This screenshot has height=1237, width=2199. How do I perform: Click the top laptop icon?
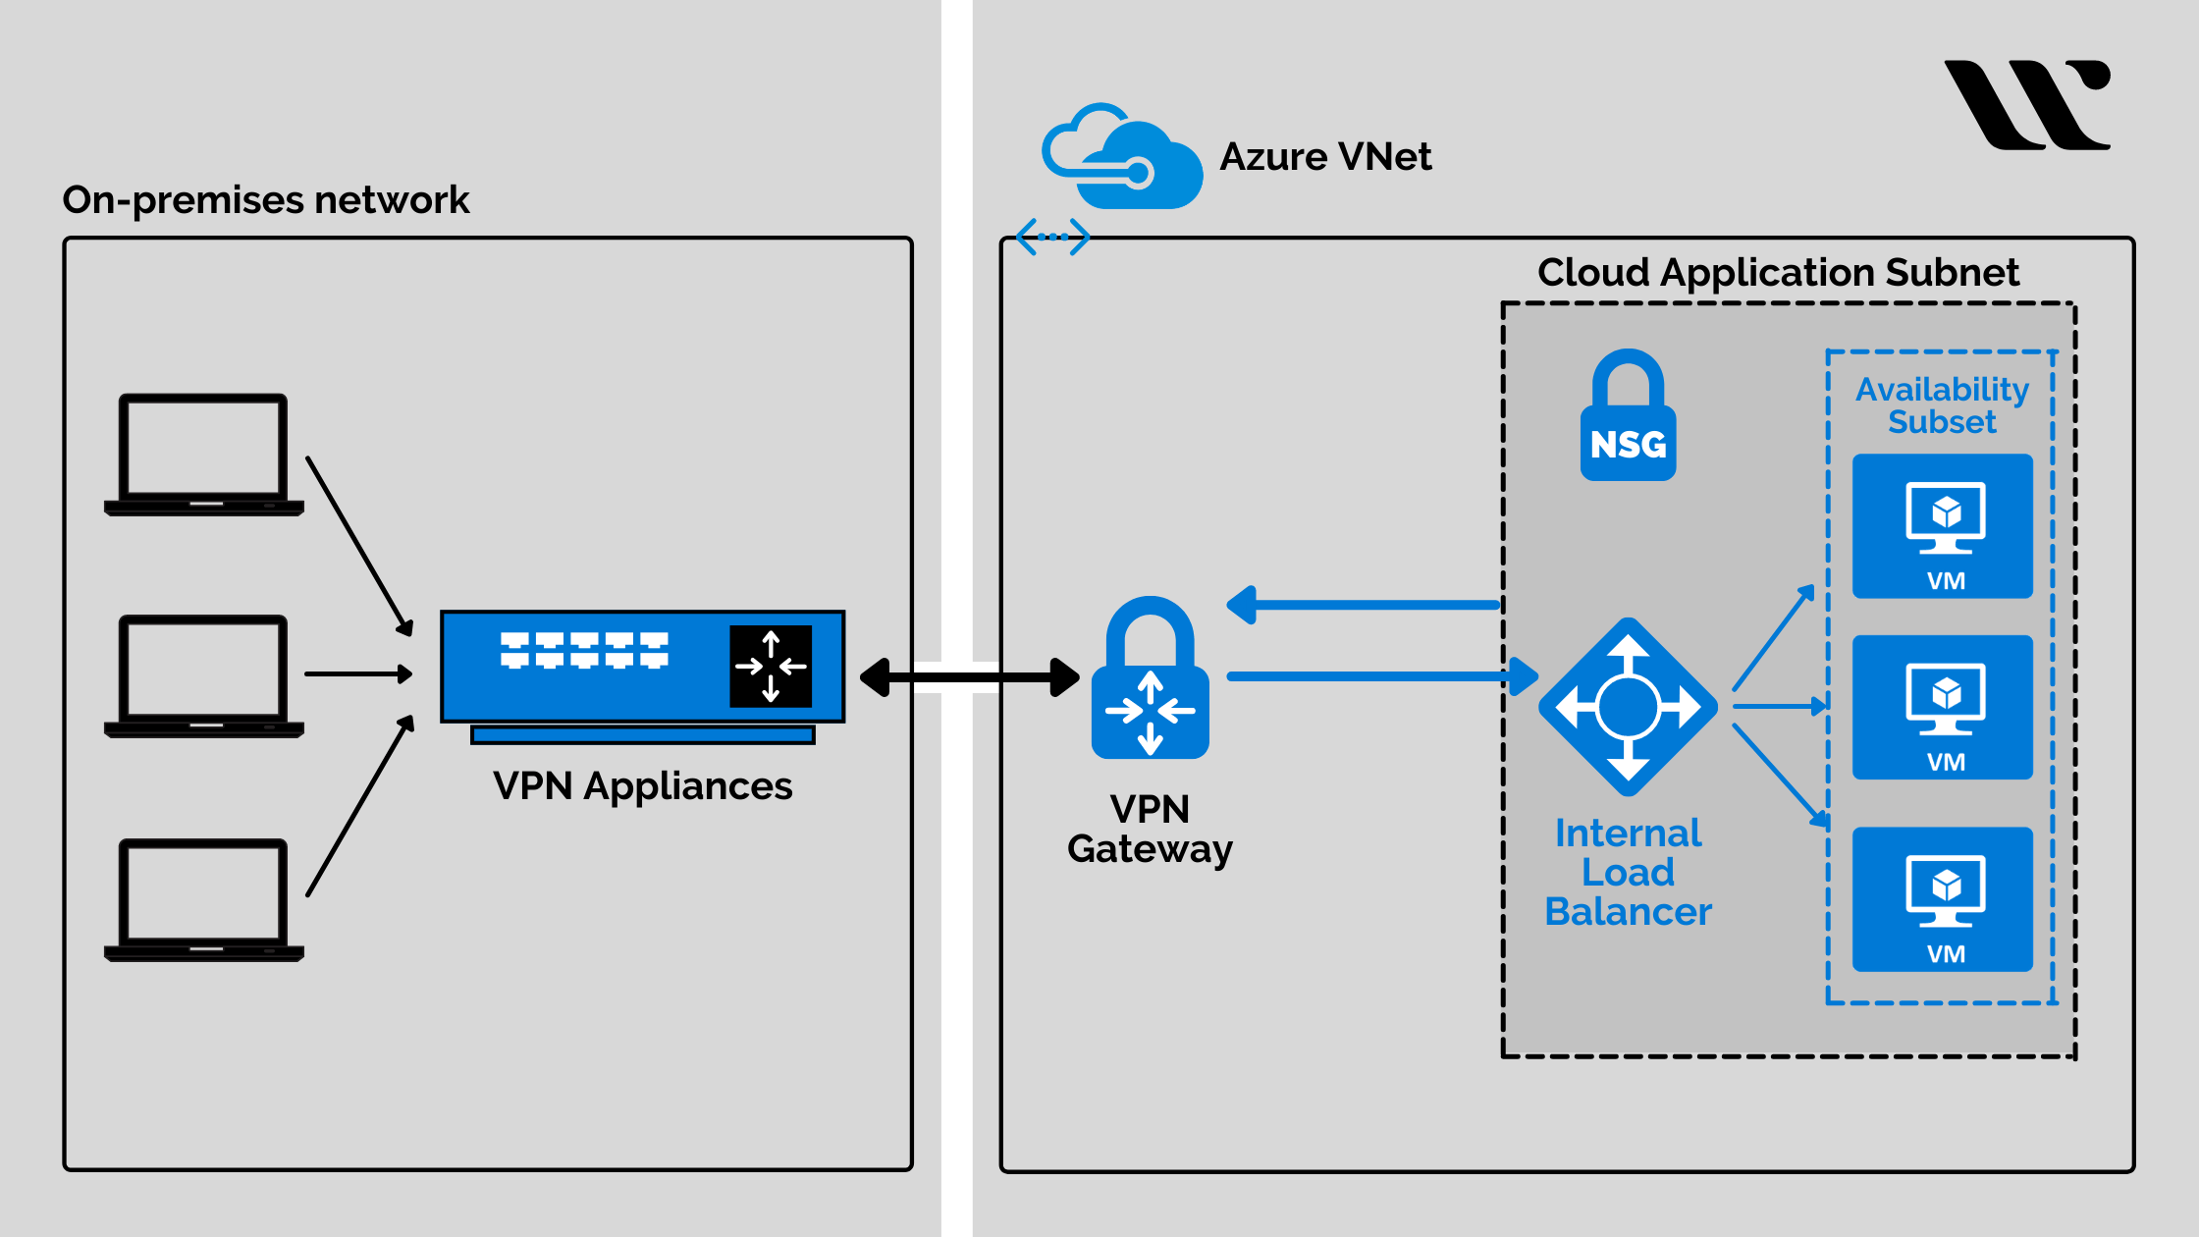[x=203, y=454]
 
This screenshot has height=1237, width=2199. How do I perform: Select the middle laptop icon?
[x=203, y=675]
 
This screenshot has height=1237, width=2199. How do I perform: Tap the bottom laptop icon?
[x=203, y=898]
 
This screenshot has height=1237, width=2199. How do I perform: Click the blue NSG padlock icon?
[x=1628, y=417]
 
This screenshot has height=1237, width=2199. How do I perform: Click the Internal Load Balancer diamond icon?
[x=1628, y=706]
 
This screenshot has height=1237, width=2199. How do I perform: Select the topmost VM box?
[x=1942, y=526]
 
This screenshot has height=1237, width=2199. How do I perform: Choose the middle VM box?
[x=1942, y=707]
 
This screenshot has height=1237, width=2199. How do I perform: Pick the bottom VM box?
[x=1942, y=899]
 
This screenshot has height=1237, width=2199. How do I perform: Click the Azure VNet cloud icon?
[x=1122, y=157]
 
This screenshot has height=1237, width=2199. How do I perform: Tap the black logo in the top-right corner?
[x=2028, y=104]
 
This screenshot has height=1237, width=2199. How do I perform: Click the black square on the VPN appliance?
[x=771, y=666]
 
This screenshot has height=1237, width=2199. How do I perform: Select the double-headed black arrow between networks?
[x=969, y=677]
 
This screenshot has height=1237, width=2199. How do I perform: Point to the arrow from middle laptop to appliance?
[x=357, y=673]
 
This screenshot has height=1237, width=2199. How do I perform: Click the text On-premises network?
[x=265, y=200]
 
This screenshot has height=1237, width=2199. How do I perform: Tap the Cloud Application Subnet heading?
[x=1778, y=272]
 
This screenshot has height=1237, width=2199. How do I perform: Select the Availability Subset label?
[x=1942, y=404]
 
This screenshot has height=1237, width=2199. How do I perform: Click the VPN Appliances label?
[x=642, y=786]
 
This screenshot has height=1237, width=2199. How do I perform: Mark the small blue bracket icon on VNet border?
[x=1052, y=237]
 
